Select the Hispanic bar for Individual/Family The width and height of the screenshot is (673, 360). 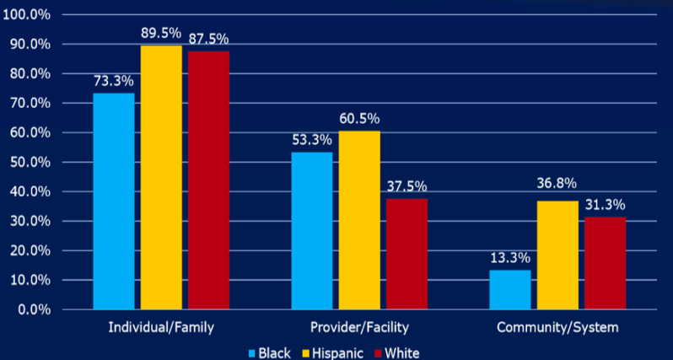click(161, 177)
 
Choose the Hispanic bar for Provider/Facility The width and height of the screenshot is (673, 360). click(359, 220)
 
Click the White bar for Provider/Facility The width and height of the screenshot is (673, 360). click(406, 254)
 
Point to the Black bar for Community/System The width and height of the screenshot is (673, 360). click(510, 289)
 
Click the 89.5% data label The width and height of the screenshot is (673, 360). click(161, 32)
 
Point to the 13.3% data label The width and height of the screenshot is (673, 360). click(510, 257)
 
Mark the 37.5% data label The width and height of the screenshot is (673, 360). click(406, 186)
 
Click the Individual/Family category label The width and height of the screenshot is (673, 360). click(161, 326)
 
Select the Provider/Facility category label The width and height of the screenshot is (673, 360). click(359, 326)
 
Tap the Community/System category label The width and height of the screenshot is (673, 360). click(557, 326)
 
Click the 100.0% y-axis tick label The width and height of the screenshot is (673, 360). click(28, 14)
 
